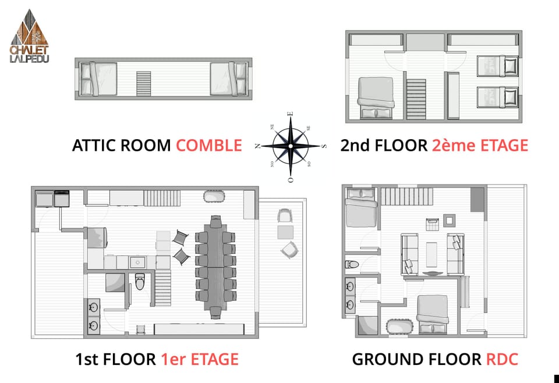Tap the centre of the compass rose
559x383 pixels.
click(289, 146)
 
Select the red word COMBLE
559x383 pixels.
click(208, 145)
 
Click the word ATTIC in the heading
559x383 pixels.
click(92, 145)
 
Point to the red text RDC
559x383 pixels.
click(501, 359)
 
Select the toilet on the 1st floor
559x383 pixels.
click(140, 282)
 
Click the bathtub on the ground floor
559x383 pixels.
click(399, 328)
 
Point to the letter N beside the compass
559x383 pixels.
click(257, 146)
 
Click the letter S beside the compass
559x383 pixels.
click(324, 146)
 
